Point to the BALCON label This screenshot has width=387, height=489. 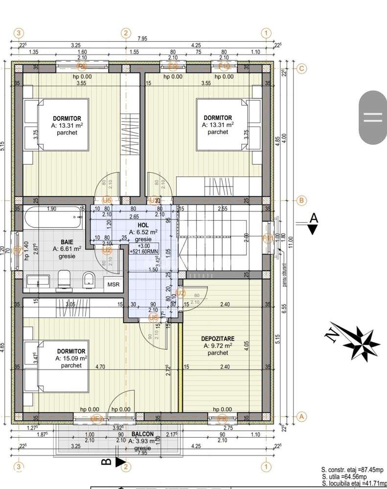[x=142, y=434]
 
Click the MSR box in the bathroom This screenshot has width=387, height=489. [x=114, y=283]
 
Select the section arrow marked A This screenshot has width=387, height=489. [x=314, y=224]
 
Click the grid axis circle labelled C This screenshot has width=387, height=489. [x=302, y=69]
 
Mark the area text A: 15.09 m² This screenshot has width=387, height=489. [x=71, y=358]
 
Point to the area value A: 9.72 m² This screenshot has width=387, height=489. [x=218, y=346]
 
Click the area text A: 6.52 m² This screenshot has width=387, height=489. [x=143, y=232]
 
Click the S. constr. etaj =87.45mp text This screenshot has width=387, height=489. [x=352, y=469]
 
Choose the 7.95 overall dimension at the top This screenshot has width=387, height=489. [x=142, y=39]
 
